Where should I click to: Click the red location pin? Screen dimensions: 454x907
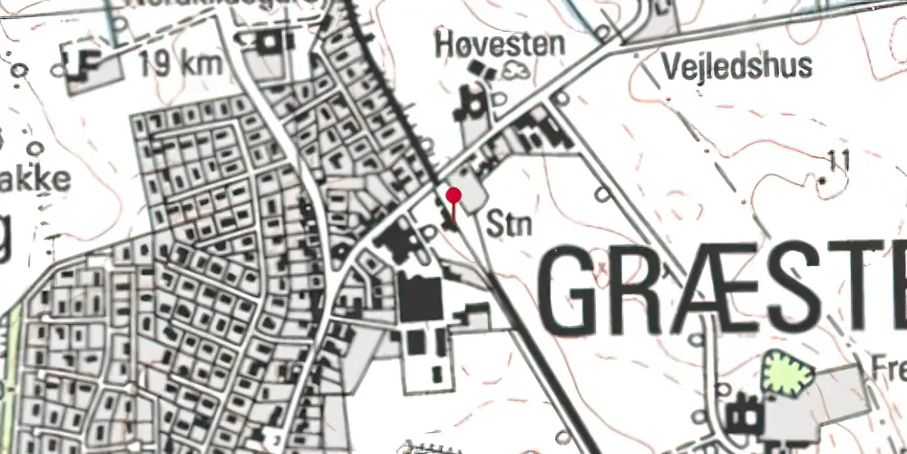click(x=453, y=196)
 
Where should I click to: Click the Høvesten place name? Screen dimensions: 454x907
click(x=499, y=43)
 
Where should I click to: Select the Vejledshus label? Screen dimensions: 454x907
click(x=736, y=65)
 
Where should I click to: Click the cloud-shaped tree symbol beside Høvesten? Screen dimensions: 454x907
click(x=519, y=70)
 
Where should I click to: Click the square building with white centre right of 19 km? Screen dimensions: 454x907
click(x=269, y=43)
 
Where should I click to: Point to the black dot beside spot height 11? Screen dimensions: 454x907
click(x=824, y=182)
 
